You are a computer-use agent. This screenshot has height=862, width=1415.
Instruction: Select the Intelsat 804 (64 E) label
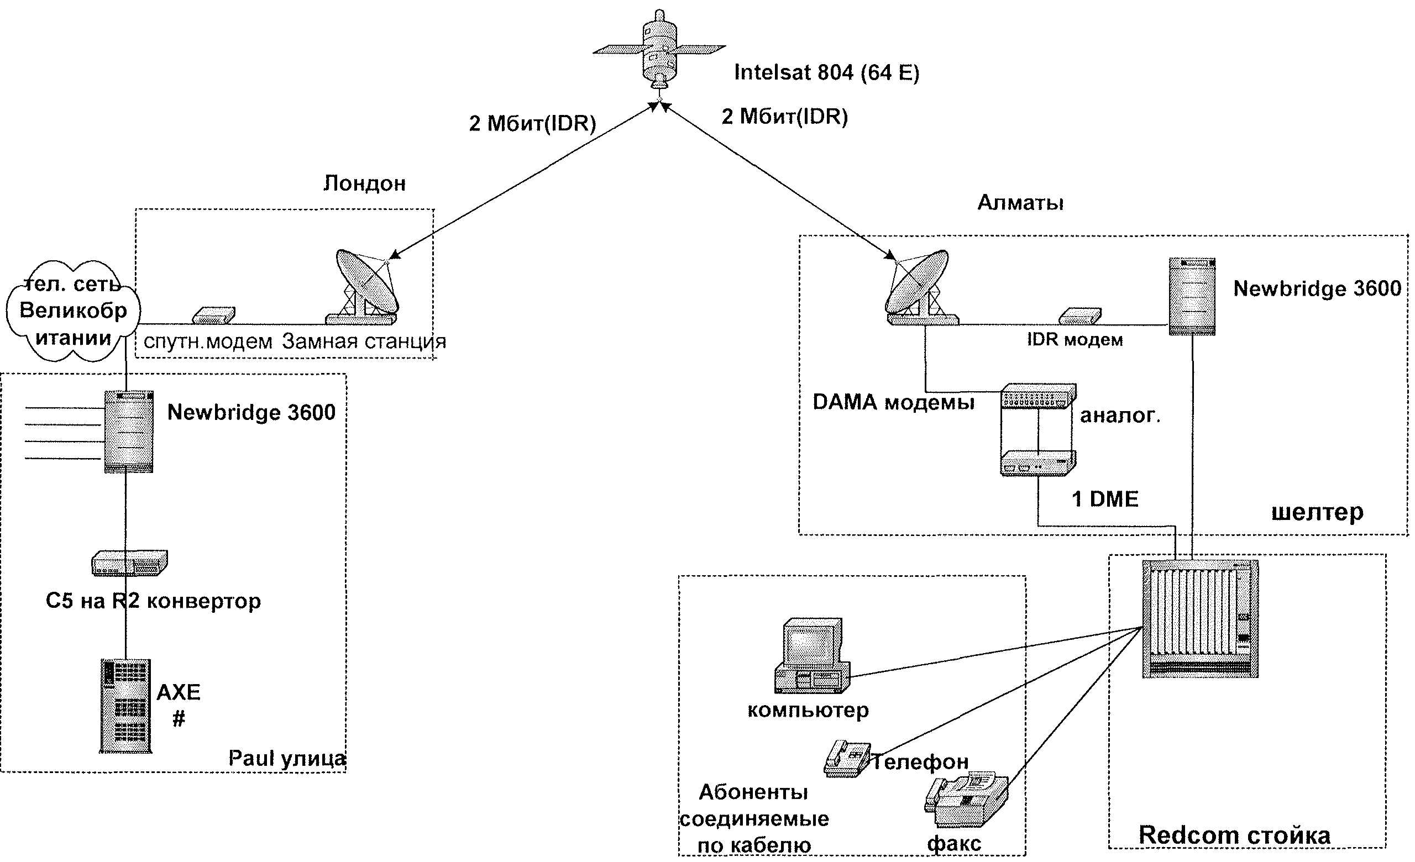(x=826, y=73)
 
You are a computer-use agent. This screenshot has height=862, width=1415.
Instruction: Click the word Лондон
(x=365, y=183)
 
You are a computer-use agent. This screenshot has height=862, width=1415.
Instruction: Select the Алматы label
(x=1020, y=203)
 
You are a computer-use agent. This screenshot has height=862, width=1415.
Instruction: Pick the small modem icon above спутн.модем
(x=213, y=315)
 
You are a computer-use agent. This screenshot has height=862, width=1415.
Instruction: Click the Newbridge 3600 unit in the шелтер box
(x=1192, y=296)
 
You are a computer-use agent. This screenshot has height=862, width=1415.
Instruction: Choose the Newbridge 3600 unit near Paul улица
(x=129, y=432)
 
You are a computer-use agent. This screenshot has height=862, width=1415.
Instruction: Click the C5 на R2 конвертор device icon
(x=130, y=563)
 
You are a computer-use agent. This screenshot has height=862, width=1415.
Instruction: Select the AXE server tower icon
(x=126, y=706)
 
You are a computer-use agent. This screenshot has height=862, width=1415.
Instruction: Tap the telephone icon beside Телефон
(x=846, y=759)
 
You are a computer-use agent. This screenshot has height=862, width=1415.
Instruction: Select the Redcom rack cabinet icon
(x=1199, y=619)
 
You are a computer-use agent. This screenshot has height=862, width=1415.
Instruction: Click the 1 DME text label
(x=1105, y=500)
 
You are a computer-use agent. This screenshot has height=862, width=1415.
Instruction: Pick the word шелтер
(x=1317, y=512)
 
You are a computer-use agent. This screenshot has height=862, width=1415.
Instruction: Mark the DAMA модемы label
(x=894, y=402)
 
